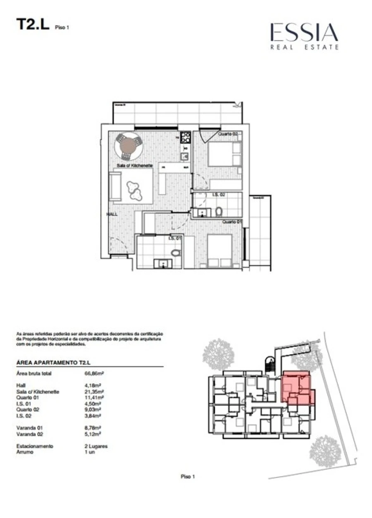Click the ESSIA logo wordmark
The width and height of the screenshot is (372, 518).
[x=304, y=33]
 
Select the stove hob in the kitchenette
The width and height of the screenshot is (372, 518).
[x=185, y=137]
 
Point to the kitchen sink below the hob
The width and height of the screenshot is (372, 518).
[x=185, y=156]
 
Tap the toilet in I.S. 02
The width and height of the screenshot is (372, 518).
[x=219, y=212]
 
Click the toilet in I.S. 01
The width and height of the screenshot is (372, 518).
[x=176, y=253]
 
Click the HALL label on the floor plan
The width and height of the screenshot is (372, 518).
[x=112, y=215]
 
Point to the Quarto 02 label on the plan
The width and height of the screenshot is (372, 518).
[x=228, y=134]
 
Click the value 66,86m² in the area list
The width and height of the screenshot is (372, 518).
[x=94, y=373]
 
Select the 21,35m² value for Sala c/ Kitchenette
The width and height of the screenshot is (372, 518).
[x=94, y=391]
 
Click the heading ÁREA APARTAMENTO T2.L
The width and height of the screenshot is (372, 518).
[x=53, y=362]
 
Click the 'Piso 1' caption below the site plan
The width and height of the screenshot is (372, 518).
[x=187, y=477]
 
